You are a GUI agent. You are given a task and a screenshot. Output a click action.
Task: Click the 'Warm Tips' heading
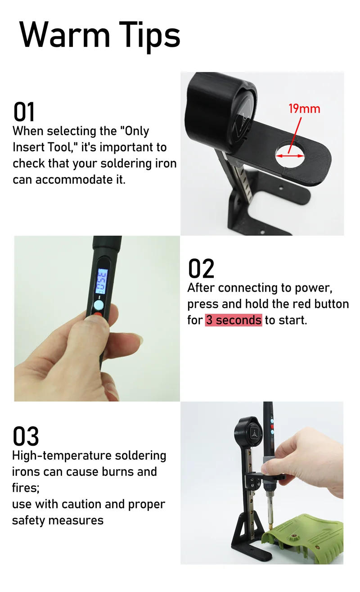click(100, 36)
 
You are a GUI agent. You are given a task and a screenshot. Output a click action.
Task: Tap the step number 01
click(24, 112)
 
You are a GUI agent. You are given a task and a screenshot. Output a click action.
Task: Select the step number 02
click(201, 268)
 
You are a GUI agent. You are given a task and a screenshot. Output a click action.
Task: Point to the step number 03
click(26, 436)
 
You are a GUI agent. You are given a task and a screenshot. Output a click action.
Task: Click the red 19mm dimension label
click(304, 108)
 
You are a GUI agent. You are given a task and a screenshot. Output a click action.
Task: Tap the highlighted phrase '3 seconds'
click(234, 320)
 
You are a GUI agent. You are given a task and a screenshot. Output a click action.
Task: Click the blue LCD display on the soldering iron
click(102, 281)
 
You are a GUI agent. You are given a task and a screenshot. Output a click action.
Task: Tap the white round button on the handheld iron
click(99, 305)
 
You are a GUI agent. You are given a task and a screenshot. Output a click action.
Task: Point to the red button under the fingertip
click(98, 314)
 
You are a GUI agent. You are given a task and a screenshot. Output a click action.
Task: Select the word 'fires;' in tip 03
click(26, 488)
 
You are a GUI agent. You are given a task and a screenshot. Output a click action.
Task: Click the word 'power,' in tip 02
click(314, 288)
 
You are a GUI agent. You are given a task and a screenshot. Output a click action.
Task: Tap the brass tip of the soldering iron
click(270, 527)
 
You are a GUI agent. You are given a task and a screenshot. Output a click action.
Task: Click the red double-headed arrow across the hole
click(290, 156)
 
